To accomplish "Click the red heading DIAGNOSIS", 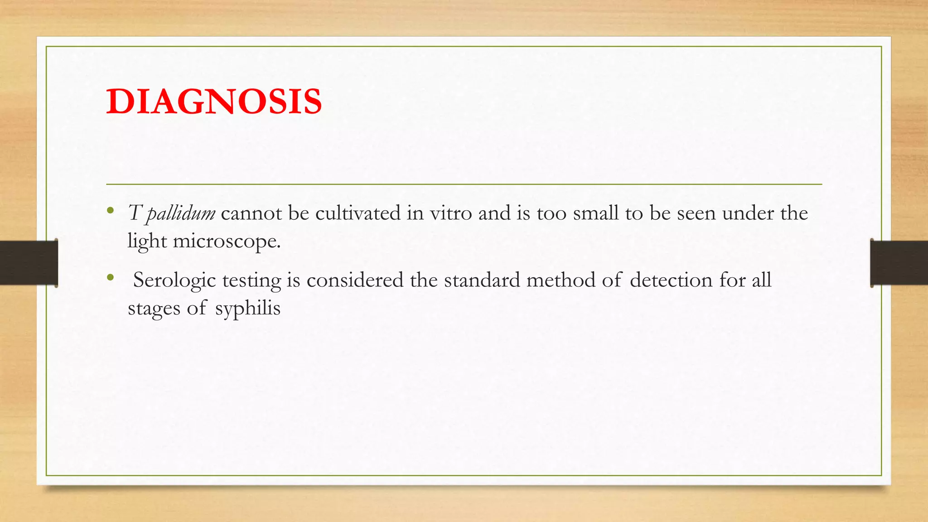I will (214, 101).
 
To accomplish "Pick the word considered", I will (355, 280).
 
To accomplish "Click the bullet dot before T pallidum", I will (110, 210).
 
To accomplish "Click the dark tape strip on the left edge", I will (29, 262).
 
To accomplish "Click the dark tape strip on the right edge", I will (899, 262).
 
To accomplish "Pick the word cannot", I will (251, 213).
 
